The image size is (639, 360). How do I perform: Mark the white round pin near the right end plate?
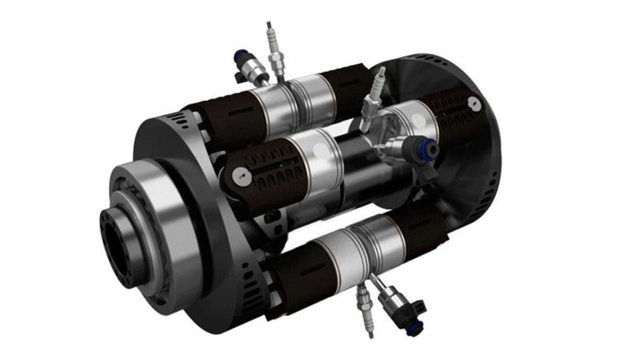[x=472, y=103]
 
